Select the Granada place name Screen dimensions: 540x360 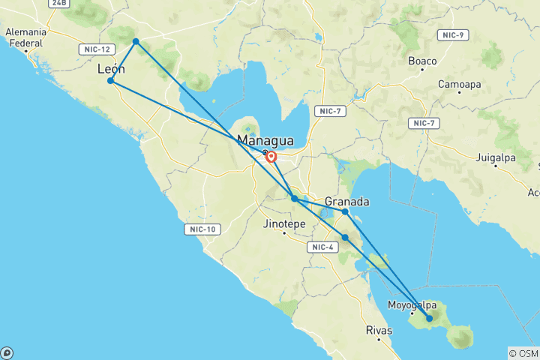(347, 202)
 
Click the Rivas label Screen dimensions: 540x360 (379, 330)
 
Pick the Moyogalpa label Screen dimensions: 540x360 (412, 304)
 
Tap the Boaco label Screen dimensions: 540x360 (422, 60)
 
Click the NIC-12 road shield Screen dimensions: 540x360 (95, 49)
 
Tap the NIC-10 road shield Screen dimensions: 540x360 (202, 229)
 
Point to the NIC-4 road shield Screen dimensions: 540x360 (323, 247)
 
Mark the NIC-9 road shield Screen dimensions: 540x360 (453, 35)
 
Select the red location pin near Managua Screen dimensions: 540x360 (271, 157)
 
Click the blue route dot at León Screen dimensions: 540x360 (110, 81)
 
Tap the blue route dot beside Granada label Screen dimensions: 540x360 (345, 212)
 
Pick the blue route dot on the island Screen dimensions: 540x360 (430, 319)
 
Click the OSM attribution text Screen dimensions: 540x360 (523, 353)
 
